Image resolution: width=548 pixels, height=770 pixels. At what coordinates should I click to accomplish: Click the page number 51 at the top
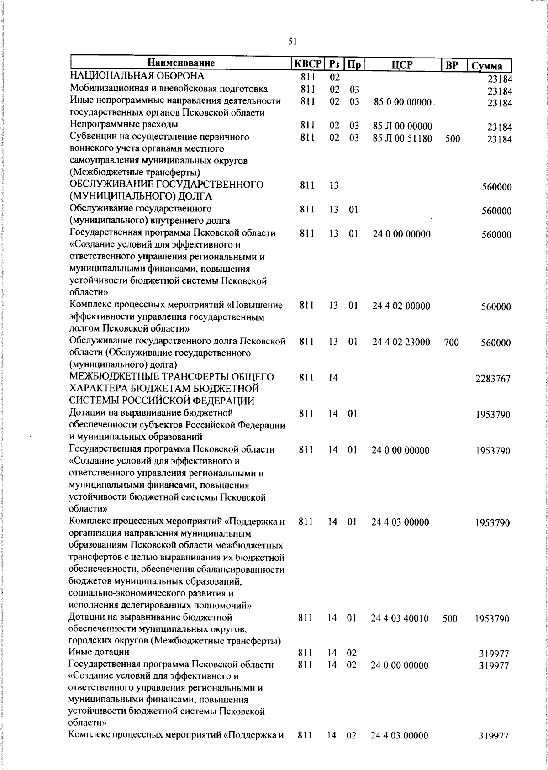(293, 42)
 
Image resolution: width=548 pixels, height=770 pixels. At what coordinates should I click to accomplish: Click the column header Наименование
(181, 63)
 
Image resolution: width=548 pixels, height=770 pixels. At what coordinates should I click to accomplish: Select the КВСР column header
(307, 64)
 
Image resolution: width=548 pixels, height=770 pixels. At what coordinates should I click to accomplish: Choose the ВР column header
(452, 65)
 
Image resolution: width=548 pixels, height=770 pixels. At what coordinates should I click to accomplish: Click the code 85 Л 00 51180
(402, 138)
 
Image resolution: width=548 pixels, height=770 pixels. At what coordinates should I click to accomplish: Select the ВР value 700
(451, 343)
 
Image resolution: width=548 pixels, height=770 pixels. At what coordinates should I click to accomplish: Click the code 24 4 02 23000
(401, 342)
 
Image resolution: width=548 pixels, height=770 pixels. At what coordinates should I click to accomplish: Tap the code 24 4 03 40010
(400, 619)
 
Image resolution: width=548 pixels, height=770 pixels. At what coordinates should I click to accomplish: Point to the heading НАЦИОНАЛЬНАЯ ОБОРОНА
(137, 76)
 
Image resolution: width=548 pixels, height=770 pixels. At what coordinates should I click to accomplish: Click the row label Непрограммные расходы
(124, 125)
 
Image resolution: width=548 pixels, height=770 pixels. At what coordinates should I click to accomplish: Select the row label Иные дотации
(99, 652)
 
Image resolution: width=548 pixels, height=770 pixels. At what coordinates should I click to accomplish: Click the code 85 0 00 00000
(402, 102)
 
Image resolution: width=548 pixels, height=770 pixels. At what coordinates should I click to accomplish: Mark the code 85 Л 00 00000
(402, 126)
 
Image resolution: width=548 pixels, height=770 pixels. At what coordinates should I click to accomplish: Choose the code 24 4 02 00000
(401, 306)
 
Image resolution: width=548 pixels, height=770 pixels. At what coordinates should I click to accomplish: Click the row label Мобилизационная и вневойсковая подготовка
(169, 89)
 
